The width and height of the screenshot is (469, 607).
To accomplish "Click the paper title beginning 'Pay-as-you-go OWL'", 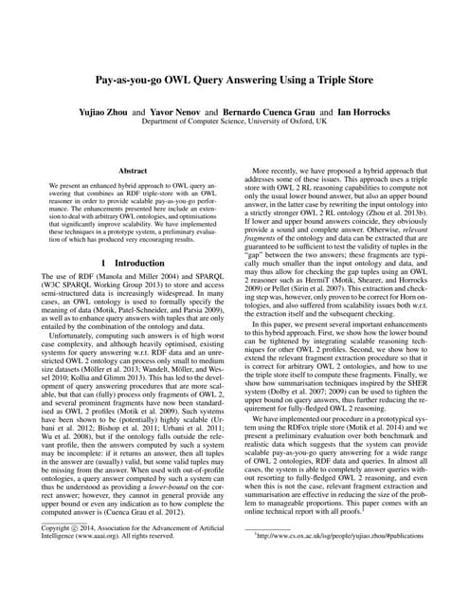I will (234, 83).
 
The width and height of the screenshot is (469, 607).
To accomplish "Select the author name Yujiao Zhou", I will (136, 109).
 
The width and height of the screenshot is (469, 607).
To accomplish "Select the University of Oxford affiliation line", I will (234, 121).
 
